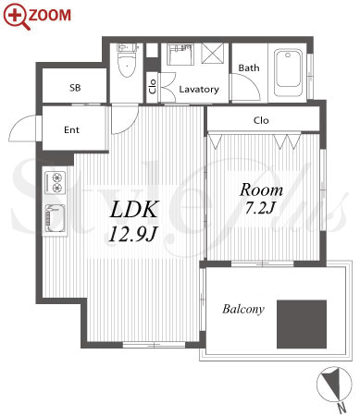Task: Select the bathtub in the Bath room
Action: pos(289,73)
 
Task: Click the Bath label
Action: pos(249,67)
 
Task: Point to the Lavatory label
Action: pos(199,90)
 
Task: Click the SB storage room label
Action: pos(75,88)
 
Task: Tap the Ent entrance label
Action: pos(71,130)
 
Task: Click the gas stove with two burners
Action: pos(56,182)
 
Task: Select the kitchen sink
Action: pos(56,218)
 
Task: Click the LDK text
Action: pos(134,210)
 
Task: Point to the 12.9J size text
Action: pos(133,234)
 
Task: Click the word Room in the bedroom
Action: pos(261,190)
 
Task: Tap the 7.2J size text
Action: pos(260,208)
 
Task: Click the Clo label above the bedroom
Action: pos(261,120)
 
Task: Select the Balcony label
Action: pos(243,309)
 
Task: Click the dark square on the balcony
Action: pos(302,324)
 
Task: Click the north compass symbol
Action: pos(334,384)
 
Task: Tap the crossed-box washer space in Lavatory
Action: pos(212,54)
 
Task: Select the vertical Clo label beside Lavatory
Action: pos(153,87)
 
